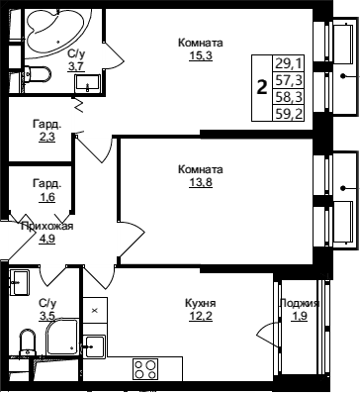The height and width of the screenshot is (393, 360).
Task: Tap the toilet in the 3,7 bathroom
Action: coord(38,75)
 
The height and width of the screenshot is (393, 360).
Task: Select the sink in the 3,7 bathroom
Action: coord(88,82)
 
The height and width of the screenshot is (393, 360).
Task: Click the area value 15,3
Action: coord(201,55)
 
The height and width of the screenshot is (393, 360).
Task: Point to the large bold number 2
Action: coord(262,88)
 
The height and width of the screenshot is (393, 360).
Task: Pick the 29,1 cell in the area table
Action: coord(289,63)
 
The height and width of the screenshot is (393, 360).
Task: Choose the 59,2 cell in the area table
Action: coord(289,114)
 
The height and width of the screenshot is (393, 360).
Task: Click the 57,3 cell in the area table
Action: coord(289,80)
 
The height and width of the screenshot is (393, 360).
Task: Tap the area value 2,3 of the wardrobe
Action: coord(46,137)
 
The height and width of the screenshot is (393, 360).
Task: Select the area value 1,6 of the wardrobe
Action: coord(46,197)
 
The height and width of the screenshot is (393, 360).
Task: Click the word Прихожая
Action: coord(46,227)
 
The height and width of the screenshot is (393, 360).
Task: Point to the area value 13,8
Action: coord(201,182)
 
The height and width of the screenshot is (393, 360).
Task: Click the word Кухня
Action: coord(201,303)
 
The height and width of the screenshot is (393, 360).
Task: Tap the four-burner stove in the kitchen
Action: coord(145,369)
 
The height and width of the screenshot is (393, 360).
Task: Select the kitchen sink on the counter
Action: coord(94,346)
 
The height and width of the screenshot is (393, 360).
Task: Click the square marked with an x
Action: coord(95,310)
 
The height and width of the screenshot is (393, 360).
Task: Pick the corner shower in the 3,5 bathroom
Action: coord(62,337)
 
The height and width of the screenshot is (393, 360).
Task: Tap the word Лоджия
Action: coord(300,303)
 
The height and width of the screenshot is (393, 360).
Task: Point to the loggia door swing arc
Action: coord(264,334)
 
